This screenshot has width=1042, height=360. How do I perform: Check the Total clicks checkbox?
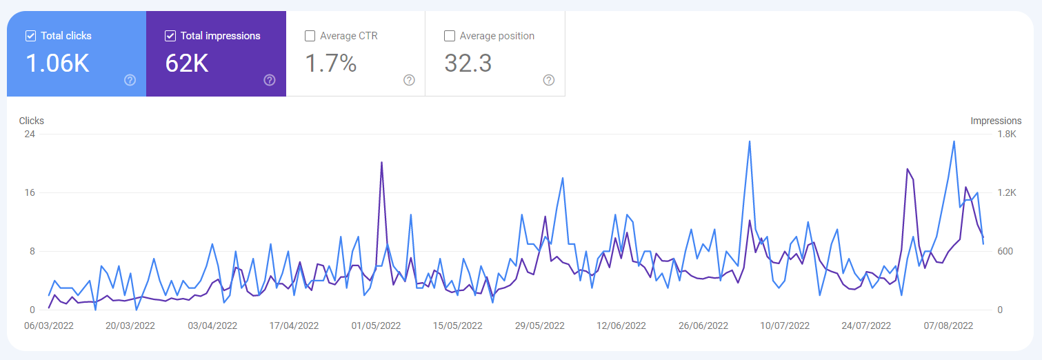31,36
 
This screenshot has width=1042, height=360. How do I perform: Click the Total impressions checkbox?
170,36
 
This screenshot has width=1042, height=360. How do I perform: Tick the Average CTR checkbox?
310,36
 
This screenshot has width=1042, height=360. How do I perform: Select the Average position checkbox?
450,36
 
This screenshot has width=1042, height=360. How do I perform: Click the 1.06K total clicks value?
58,63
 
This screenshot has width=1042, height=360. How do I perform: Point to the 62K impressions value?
187,63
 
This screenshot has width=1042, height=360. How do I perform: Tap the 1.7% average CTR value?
331,63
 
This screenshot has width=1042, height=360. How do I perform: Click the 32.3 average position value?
468,63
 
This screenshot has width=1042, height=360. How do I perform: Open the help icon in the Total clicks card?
130,80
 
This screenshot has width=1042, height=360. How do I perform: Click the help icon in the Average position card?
549,80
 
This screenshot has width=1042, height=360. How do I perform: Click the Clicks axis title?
32,121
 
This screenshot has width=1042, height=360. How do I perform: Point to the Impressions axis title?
996,121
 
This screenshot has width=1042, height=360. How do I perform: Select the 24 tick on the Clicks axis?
30,134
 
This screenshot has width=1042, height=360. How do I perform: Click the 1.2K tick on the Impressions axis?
1007,192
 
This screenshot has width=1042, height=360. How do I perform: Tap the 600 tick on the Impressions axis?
1005,251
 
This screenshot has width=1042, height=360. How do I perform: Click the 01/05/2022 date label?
376,326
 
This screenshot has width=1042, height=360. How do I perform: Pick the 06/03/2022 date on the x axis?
49,326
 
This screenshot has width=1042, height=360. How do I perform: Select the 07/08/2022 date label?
948,326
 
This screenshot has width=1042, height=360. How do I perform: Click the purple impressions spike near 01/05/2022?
381,163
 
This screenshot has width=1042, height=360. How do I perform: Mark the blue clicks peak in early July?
750,141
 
